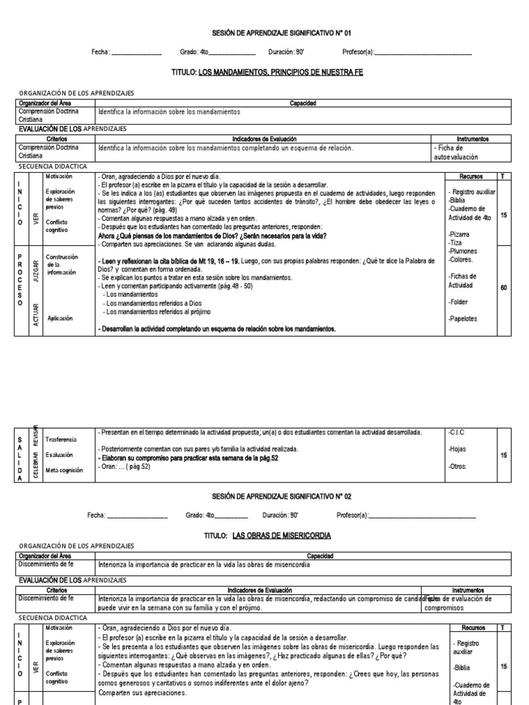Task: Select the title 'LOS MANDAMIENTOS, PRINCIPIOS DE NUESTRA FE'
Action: [x=280, y=72]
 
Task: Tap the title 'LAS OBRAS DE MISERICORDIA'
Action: [x=282, y=535]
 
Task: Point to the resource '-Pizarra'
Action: [x=459, y=234]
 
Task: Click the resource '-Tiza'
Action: [x=455, y=243]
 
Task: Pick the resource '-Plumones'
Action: [x=462, y=251]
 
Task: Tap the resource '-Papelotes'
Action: [x=462, y=319]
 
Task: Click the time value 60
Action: [x=504, y=287]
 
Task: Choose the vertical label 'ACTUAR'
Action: [x=37, y=314]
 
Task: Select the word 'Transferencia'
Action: [x=61, y=439]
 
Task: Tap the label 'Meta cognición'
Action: [x=63, y=470]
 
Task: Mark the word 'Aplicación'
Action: [x=61, y=318]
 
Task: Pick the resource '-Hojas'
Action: [x=457, y=449]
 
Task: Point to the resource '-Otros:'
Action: [x=457, y=466]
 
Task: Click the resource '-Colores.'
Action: [x=461, y=260]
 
